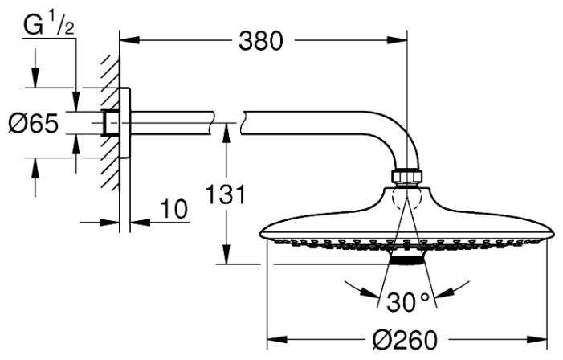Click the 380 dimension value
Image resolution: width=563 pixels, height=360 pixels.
point(261,41)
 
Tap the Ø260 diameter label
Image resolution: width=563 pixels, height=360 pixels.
point(405,340)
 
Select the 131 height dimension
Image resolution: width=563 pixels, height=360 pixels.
point(226,195)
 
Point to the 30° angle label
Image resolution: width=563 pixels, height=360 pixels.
point(408,302)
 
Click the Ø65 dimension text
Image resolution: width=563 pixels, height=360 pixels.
point(34,123)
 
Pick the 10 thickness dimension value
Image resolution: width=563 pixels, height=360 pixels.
point(173,209)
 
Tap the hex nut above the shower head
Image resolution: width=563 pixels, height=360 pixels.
point(406,177)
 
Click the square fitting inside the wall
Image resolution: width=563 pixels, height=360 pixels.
point(111,123)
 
